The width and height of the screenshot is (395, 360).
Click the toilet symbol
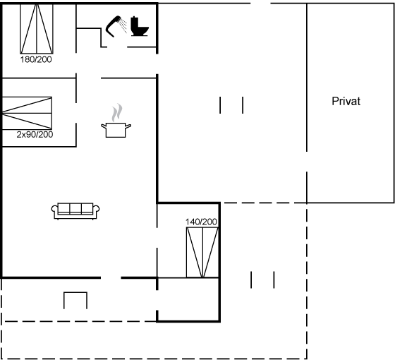point(140,27)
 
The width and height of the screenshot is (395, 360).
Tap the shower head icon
point(113,26)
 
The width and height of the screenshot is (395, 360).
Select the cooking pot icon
point(116,130)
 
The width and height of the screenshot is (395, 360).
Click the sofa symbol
point(75,211)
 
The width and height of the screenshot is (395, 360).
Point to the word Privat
point(346,101)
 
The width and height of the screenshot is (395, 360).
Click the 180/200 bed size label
point(36,59)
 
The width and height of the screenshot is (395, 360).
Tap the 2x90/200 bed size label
point(35,134)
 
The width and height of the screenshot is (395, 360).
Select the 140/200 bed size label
point(201,222)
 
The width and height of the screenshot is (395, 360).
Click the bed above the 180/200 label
point(37,29)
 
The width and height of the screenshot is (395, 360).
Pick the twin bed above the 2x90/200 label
point(27,113)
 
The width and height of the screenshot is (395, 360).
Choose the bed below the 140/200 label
point(202,253)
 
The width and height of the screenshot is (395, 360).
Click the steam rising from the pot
point(117,112)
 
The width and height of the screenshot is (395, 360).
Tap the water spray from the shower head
point(123,25)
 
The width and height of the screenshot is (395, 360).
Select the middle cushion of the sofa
point(75,208)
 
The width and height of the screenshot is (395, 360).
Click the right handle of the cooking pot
point(128,126)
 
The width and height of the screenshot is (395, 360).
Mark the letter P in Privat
point(335,102)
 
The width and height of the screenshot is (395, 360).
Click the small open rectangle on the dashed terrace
point(75,301)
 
